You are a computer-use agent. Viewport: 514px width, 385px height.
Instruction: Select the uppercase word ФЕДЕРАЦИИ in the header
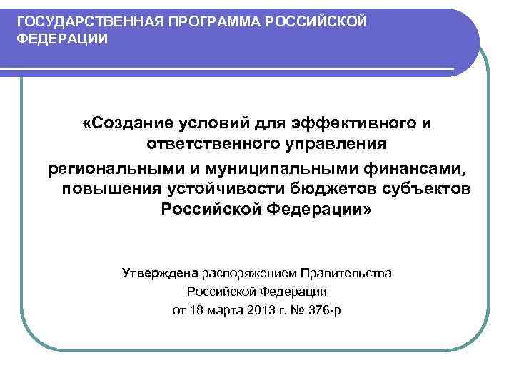(x=63, y=38)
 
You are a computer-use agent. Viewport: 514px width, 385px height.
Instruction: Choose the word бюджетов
(x=343, y=190)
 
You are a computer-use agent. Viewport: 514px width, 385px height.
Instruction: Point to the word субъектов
(x=432, y=190)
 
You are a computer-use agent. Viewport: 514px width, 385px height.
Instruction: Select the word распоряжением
(x=248, y=273)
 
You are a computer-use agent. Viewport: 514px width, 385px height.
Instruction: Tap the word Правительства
(x=346, y=273)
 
